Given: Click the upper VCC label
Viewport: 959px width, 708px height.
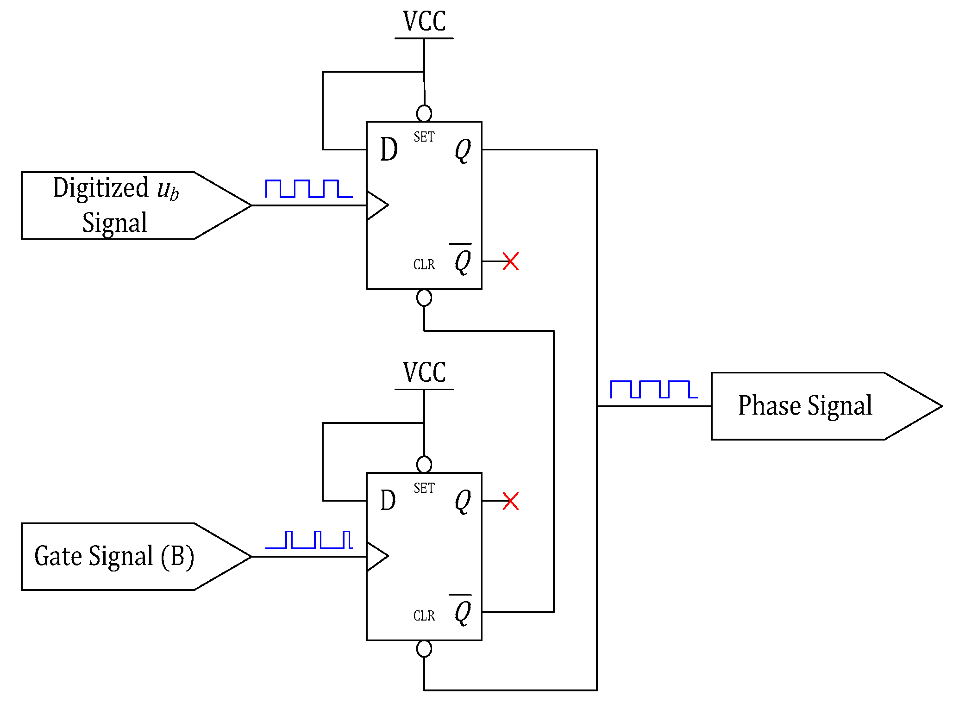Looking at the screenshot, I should tap(424, 21).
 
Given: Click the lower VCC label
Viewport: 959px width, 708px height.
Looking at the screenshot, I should tap(424, 373).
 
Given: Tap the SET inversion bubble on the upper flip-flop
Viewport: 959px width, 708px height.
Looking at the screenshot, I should tap(424, 113).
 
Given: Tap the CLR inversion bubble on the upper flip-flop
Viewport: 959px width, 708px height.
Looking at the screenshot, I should tap(424, 298).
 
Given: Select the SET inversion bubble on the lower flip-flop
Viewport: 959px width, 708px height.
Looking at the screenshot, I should tap(424, 464).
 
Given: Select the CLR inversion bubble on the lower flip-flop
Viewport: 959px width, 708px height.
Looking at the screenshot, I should tap(424, 649).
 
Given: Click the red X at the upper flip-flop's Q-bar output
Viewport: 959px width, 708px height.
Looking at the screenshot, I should tap(510, 261).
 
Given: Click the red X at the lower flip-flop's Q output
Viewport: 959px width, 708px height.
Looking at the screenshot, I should tap(510, 501).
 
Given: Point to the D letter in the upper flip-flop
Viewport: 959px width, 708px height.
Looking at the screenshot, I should tap(389, 150).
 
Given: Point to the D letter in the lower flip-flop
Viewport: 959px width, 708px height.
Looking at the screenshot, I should tap(388, 501).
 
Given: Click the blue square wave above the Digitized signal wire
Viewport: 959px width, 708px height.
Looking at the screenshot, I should tap(309, 189).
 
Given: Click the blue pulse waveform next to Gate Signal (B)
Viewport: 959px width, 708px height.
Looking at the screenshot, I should tap(309, 540).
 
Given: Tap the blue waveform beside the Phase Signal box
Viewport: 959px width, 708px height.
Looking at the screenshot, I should tap(654, 389).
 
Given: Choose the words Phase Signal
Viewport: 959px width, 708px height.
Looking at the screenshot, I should tap(805, 406).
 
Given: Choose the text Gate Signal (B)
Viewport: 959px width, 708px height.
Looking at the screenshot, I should tap(114, 556).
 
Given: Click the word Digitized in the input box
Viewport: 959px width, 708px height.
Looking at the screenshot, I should tap(100, 188).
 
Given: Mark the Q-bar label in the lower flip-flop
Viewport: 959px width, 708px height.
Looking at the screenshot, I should tap(462, 610).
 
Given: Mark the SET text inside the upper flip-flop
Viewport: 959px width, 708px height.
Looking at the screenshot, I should tap(424, 137).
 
